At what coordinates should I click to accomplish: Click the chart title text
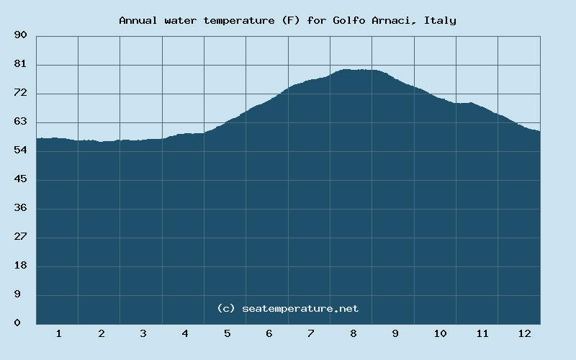(x=287, y=20)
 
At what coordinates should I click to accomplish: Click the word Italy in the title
(x=440, y=20)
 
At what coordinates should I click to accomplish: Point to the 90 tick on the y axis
(x=20, y=35)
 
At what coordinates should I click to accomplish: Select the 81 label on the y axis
(x=20, y=64)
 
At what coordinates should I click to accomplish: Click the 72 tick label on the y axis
(x=20, y=93)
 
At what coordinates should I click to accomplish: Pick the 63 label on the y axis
(x=20, y=122)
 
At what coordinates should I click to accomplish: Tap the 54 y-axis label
(x=20, y=150)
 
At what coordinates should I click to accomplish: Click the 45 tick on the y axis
(x=20, y=179)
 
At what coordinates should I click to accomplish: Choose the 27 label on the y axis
(x=20, y=237)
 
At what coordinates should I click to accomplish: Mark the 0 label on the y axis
(x=17, y=323)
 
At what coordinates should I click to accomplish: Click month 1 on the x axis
(x=58, y=333)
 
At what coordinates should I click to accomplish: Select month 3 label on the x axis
(x=143, y=333)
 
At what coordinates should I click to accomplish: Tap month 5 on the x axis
(x=227, y=333)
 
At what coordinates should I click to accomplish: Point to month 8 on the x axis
(x=354, y=333)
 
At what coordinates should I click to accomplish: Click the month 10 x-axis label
(x=440, y=333)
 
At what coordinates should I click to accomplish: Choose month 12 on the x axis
(x=524, y=333)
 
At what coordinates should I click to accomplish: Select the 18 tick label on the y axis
(x=20, y=266)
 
